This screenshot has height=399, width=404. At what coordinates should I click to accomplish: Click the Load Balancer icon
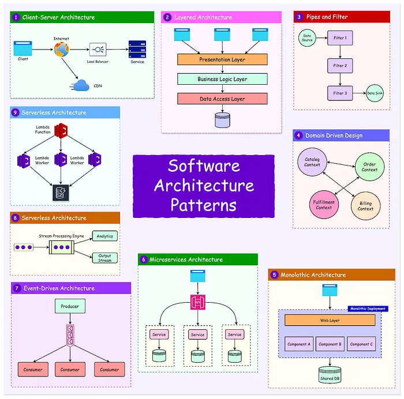(x=98, y=49)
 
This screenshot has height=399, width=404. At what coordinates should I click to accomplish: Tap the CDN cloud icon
(x=81, y=85)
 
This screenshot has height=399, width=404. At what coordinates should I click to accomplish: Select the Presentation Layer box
(x=222, y=59)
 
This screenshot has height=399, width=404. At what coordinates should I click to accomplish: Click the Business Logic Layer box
(x=222, y=79)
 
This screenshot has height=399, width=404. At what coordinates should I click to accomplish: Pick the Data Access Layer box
(x=222, y=99)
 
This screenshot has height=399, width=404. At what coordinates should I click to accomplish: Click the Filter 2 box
(x=340, y=65)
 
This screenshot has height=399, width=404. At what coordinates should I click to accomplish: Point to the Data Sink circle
(x=375, y=93)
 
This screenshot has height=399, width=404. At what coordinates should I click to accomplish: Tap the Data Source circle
(x=308, y=38)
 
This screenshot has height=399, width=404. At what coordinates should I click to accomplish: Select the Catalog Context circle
(x=312, y=162)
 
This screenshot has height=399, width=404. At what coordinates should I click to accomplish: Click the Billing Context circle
(x=365, y=206)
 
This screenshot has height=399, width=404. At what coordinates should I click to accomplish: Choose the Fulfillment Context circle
(x=324, y=205)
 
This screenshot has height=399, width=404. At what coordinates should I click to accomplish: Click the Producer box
(x=70, y=306)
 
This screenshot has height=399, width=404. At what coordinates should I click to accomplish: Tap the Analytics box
(x=104, y=235)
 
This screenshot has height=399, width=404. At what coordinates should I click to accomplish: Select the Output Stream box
(x=104, y=257)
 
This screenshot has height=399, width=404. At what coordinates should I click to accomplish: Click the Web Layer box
(x=330, y=320)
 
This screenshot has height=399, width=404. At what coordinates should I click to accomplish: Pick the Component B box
(x=329, y=344)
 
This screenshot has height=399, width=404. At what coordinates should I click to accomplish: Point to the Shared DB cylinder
(x=330, y=374)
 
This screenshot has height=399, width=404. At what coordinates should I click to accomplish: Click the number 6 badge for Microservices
(x=143, y=259)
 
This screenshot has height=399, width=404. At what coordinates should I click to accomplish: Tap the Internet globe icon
(x=61, y=50)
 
